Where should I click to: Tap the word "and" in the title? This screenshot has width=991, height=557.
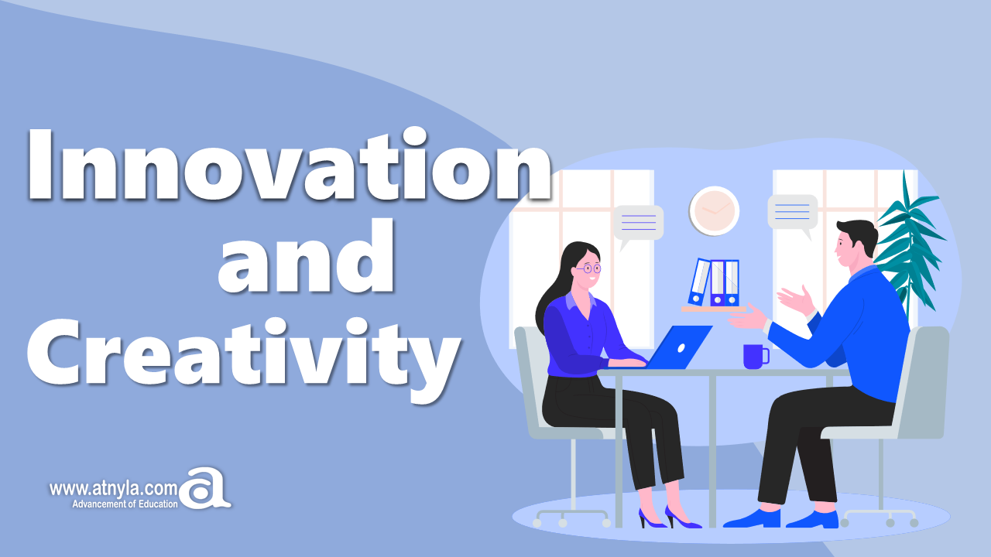point(306,255)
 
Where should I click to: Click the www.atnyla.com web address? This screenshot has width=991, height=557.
point(113,489)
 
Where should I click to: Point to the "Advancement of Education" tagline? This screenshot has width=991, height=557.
point(125,504)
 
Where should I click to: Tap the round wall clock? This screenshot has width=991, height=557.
point(714,211)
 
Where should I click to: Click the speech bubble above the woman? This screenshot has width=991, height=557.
point(638,225)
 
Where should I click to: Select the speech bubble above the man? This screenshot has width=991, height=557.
point(793,215)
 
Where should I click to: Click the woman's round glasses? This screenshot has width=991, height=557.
point(589,268)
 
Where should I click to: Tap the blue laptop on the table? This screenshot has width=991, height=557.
point(673,347)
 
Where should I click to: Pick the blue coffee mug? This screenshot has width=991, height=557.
point(756,357)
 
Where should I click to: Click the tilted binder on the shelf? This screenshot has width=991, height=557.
point(699,282)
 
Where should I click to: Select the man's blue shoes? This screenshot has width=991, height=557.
point(781,519)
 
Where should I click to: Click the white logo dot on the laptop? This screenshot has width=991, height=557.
point(681,348)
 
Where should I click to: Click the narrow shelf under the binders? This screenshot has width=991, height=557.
point(713,309)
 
